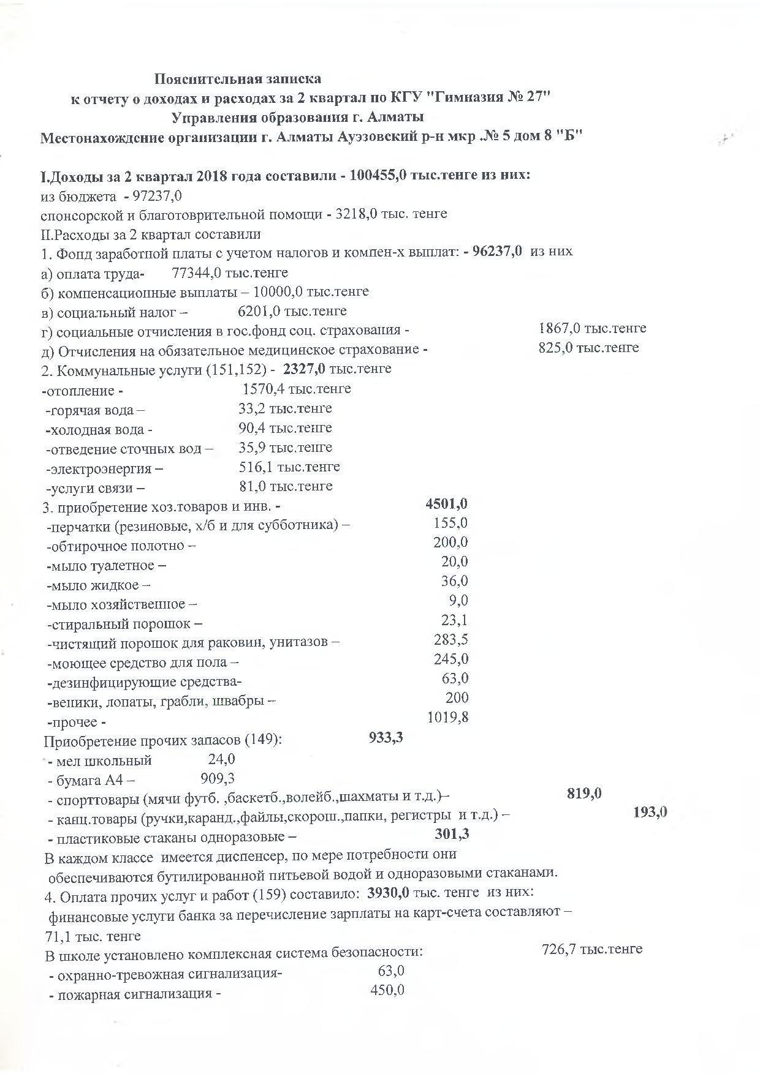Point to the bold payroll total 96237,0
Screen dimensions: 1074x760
pos(498,251)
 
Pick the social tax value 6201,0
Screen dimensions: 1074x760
pos(259,311)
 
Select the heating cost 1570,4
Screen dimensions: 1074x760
pos(264,389)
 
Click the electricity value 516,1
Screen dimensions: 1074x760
pos(256,467)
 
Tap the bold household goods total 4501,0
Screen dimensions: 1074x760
pos(446,503)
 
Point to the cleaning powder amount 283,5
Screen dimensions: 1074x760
pos(450,639)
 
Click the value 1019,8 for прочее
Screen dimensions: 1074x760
pos(447,716)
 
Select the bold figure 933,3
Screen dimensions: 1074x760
pos(386,737)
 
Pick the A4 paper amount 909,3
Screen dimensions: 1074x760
pos(218,778)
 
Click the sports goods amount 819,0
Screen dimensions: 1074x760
pos(584,794)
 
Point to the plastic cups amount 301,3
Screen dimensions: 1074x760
pos(452,833)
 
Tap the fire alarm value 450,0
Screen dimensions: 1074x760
pos(387,990)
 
